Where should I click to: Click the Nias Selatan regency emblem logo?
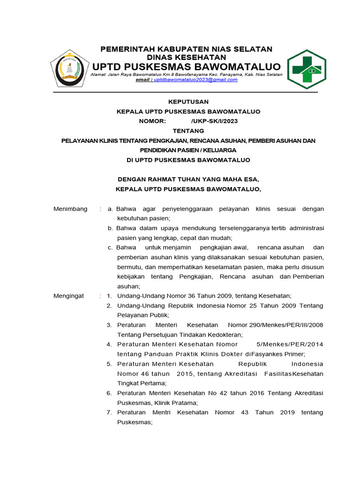coord(69,68)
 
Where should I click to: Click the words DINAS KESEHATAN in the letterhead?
coord(187,57)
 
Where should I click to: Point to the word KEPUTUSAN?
coord(188,102)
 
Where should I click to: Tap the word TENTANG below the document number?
coord(188,131)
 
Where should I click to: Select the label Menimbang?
coord(70,209)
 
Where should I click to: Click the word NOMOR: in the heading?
coord(152,121)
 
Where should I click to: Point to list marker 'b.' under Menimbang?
coord(111,228)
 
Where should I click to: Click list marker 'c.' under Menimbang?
coord(111,247)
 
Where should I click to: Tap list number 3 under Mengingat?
coord(109,325)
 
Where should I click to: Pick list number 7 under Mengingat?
coord(109,412)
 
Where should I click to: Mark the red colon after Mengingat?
coord(100,296)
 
